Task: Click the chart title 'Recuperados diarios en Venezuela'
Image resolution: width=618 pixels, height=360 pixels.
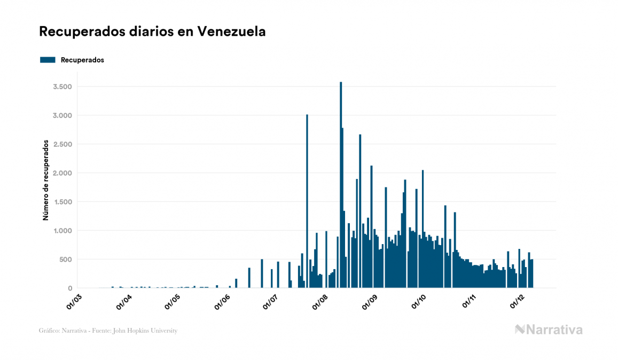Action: point(152,32)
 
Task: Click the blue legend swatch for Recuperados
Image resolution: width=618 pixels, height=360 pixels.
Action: point(48,60)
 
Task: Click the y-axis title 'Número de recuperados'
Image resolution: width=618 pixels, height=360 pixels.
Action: point(46,181)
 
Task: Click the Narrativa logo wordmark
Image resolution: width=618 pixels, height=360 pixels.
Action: point(549,330)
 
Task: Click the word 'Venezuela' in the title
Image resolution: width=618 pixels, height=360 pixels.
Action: point(231,32)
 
